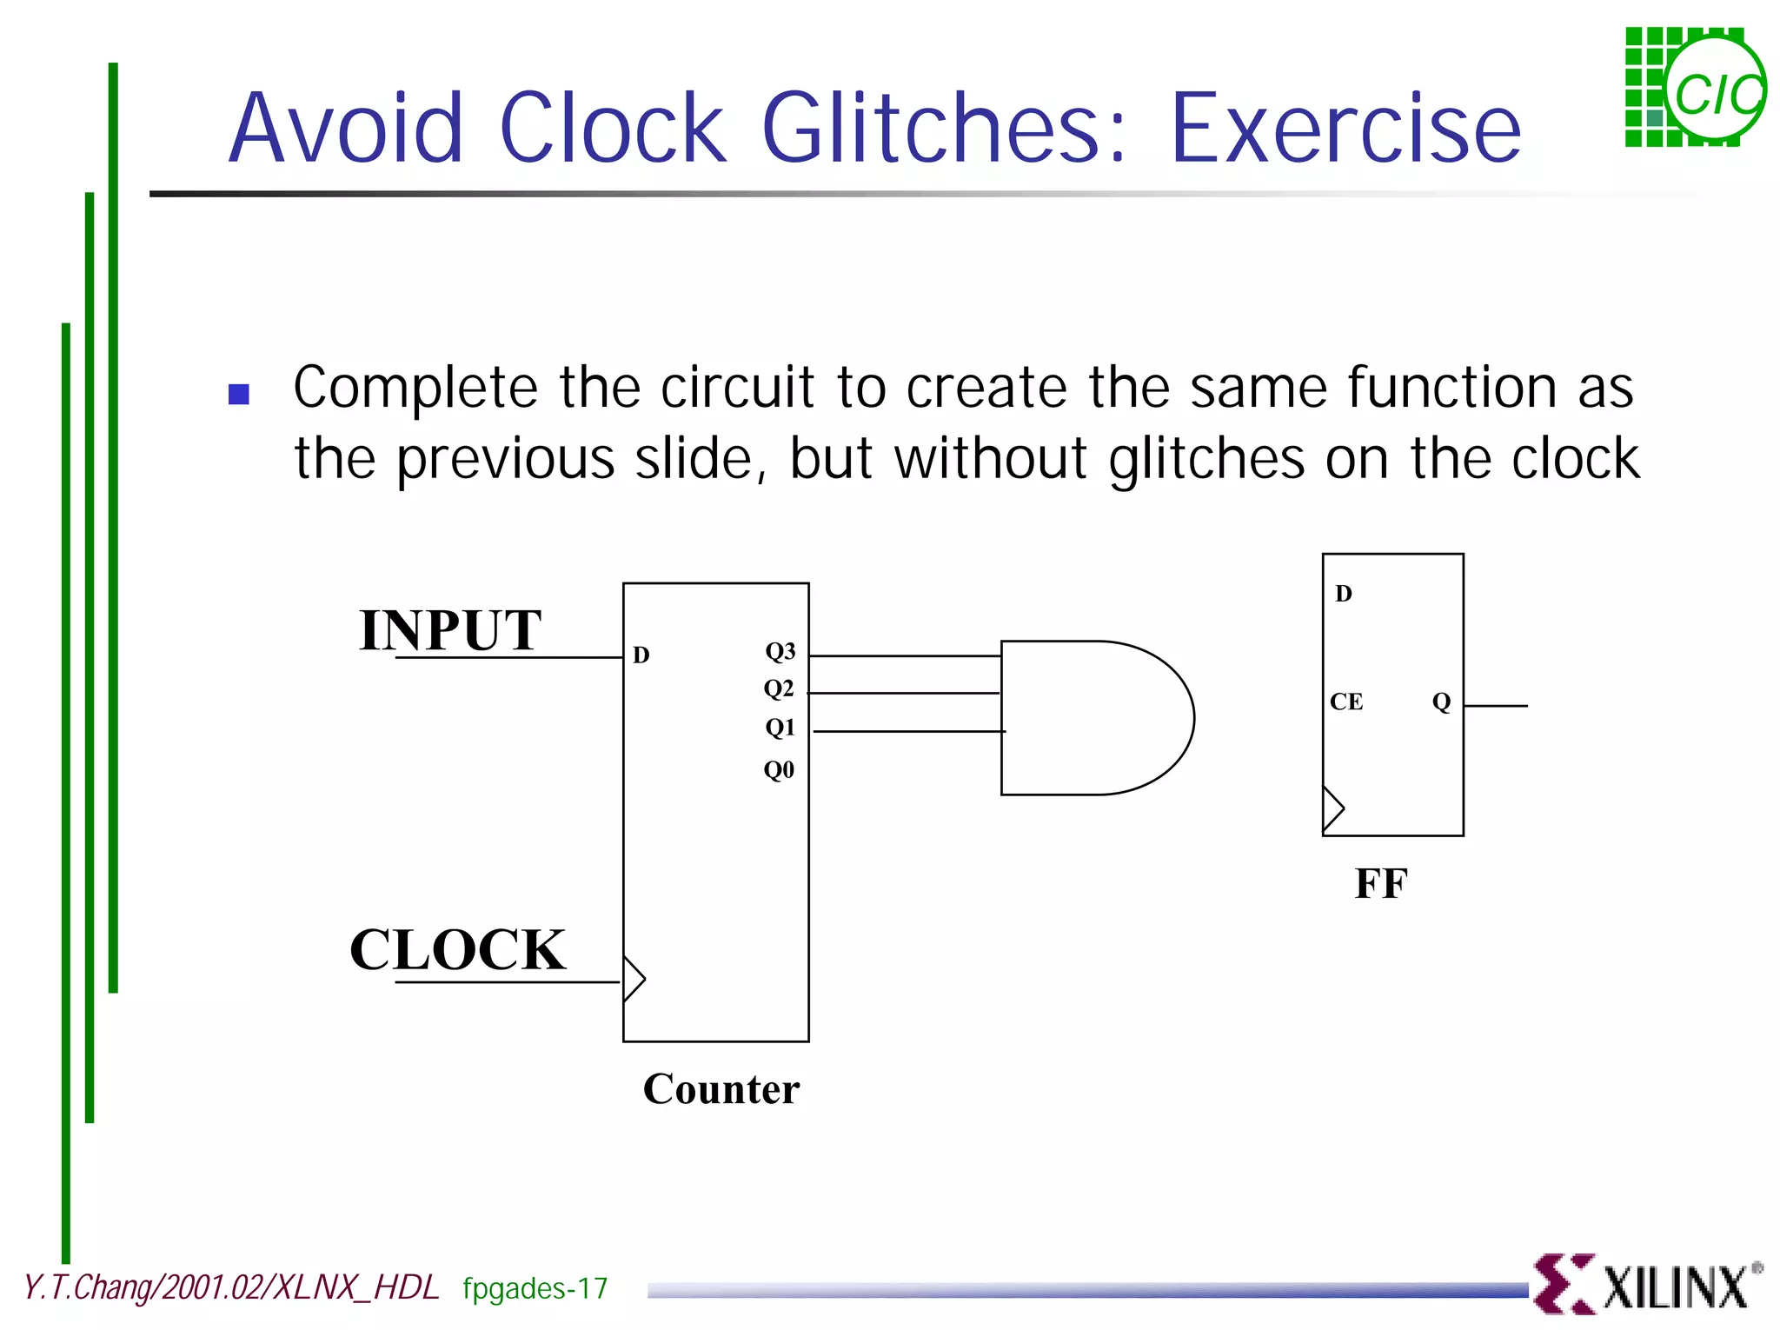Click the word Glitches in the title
(942, 129)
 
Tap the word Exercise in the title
(1345, 129)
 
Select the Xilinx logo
(1647, 1283)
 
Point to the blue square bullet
(238, 395)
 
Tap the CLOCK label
(457, 949)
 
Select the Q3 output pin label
(780, 651)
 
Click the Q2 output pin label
(779, 688)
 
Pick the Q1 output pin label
(780, 727)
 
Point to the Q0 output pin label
(779, 769)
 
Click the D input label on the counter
(641, 655)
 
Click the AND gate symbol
(1095, 718)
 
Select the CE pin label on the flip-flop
(1346, 702)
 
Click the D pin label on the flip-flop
(1344, 594)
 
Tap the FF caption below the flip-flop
(1380, 884)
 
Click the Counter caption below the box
(721, 1089)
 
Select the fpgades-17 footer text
(535, 1288)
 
